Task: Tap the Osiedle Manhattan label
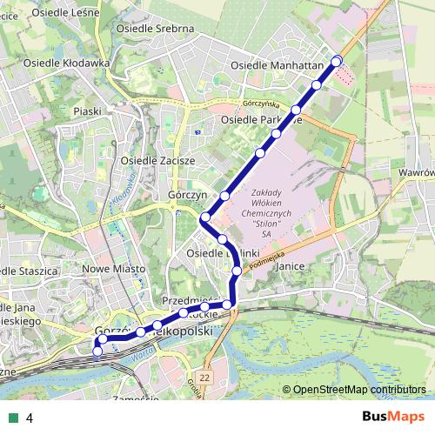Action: click(x=277, y=65)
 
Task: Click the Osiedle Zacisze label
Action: click(x=158, y=161)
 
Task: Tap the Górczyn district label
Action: click(x=186, y=196)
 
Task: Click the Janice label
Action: click(x=287, y=271)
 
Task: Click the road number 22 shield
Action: click(x=204, y=377)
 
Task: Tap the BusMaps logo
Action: click(x=393, y=417)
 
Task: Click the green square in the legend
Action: click(x=11, y=418)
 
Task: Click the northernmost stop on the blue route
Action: click(x=337, y=60)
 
